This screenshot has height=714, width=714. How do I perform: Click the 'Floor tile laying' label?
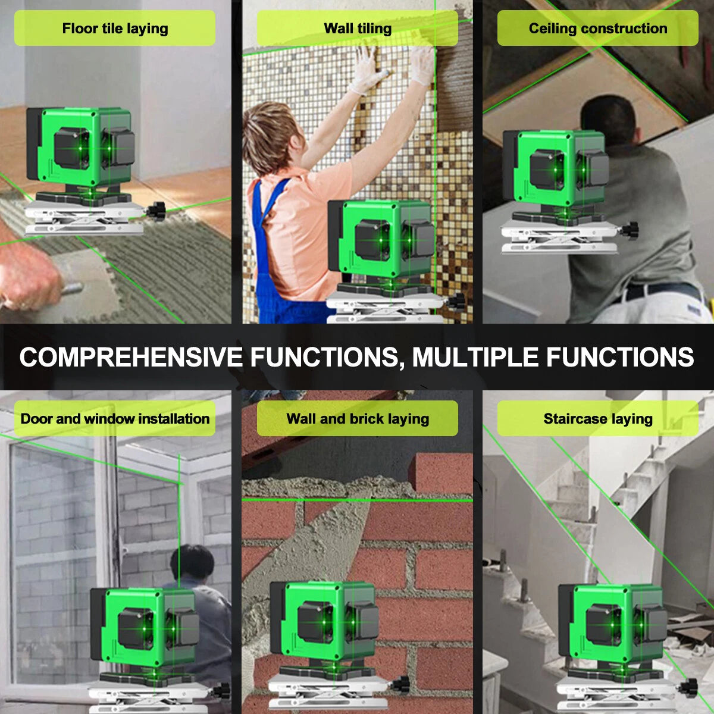click(115, 29)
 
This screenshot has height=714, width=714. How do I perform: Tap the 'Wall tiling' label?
click(357, 29)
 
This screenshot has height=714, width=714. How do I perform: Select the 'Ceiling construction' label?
click(597, 29)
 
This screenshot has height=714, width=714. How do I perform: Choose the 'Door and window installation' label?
click(115, 418)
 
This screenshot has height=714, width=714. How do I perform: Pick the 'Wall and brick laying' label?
click(357, 418)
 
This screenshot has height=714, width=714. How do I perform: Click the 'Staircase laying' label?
click(597, 418)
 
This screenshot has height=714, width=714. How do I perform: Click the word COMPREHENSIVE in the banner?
click(131, 357)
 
